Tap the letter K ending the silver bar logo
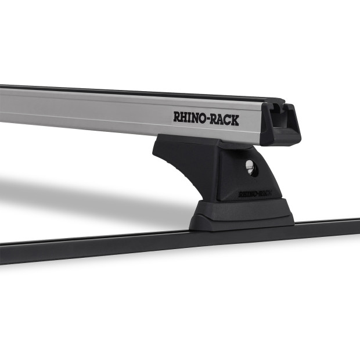click(x=235, y=119)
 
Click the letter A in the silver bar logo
click(x=221, y=118)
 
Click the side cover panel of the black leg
click(x=192, y=168)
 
